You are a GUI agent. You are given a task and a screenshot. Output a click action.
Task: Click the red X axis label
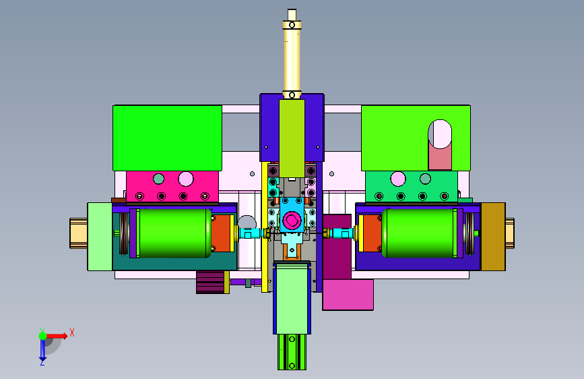72,332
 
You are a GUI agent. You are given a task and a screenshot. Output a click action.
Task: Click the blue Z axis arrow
42,349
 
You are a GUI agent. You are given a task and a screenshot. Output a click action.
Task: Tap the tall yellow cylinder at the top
292,54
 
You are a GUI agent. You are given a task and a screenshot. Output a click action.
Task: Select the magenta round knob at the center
292,220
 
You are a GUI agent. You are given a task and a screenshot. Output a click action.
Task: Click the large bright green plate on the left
167,138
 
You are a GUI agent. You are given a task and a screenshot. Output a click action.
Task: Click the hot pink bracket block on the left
172,187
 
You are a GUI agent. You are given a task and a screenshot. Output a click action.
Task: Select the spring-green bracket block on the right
411,187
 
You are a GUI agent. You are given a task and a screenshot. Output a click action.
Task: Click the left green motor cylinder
174,233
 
